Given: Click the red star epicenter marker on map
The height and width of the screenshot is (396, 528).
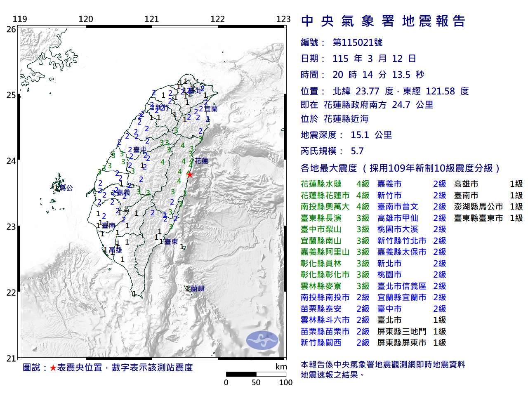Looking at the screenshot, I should [189, 174].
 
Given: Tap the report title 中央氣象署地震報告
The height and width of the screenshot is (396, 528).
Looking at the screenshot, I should [383, 21].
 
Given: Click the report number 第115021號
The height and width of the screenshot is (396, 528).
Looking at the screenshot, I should [357, 42].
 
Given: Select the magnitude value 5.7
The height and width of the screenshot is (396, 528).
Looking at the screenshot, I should [357, 151].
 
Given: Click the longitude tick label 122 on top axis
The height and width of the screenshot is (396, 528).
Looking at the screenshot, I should [217, 19].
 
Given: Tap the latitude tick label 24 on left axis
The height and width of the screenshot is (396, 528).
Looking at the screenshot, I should [11, 161].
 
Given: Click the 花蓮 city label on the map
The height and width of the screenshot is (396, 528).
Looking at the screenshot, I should [201, 161].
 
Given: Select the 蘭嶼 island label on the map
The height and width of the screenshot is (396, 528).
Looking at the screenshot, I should [197, 289].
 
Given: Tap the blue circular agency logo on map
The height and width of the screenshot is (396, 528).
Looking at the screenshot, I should [262, 340].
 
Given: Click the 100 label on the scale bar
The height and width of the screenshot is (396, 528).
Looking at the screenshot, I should [285, 382].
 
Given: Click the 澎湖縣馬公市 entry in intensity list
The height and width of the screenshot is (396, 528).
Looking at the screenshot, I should [478, 207].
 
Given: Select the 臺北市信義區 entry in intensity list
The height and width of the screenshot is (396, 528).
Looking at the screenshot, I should [401, 286].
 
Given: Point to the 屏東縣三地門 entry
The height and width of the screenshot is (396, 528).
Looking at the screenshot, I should [401, 331].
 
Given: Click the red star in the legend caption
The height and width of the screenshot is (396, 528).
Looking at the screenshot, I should [53, 368].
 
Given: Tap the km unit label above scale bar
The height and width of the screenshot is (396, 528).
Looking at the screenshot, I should [281, 367].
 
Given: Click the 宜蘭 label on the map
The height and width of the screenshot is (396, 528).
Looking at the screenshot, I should [210, 109].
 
